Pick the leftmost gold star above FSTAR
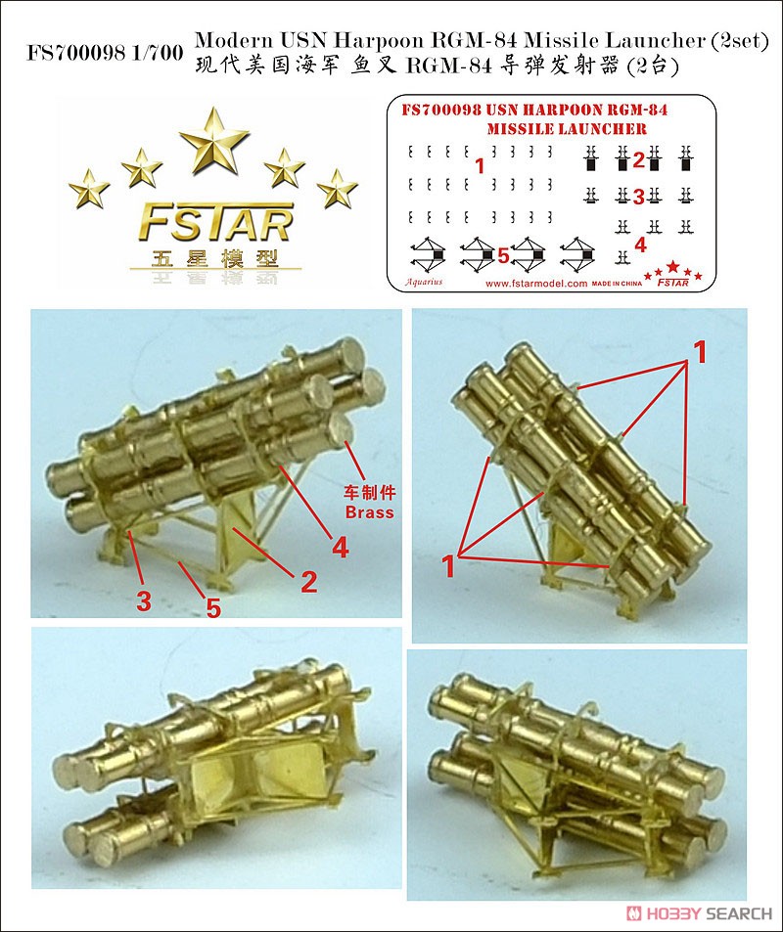tap(89, 188)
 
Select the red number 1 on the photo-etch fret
tap(479, 166)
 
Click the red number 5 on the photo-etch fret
tap(502, 256)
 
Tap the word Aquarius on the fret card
tap(424, 282)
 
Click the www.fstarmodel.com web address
tap(535, 284)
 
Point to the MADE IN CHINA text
tap(619, 284)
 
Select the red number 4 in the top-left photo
tap(340, 548)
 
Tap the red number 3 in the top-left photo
tap(144, 602)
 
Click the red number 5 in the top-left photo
tap(212, 608)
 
